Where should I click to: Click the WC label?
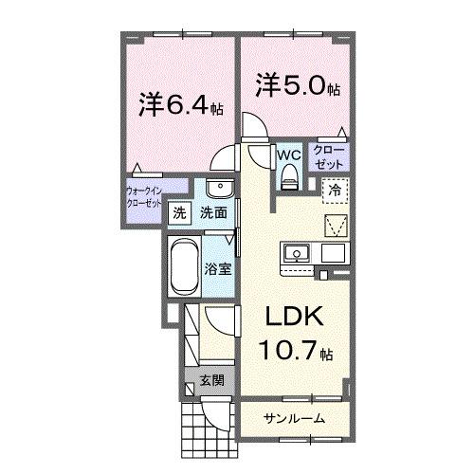click(289, 153)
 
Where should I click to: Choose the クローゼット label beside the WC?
click(330, 156)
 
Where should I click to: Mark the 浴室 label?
click(218, 268)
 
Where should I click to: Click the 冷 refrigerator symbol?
click(335, 190)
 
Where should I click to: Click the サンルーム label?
click(294, 418)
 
